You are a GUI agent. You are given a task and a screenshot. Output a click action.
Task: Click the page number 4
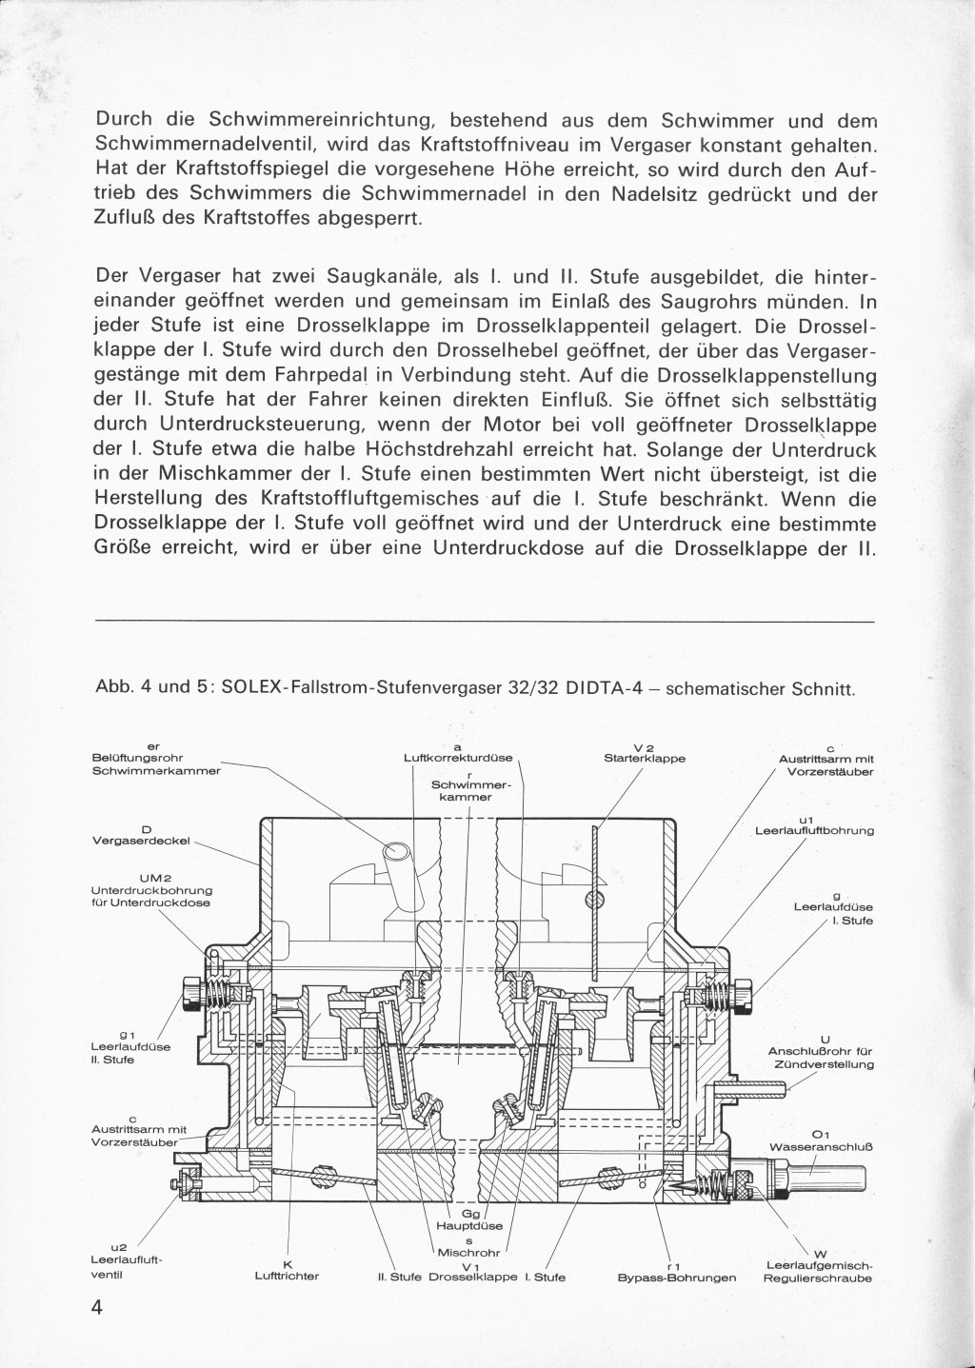click(x=96, y=1304)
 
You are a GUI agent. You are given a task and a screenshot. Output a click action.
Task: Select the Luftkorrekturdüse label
click(x=458, y=759)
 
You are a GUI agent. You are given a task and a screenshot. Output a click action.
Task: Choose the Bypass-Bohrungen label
click(x=677, y=1278)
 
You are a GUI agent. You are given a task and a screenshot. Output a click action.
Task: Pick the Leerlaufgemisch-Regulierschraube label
click(x=819, y=1272)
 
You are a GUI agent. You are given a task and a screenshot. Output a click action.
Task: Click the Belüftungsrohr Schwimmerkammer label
click(x=155, y=764)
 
